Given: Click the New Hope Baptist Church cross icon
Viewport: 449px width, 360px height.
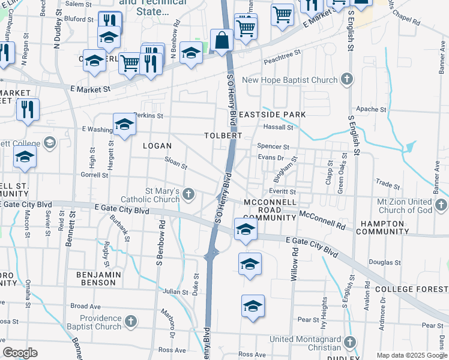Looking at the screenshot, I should pyautogui.click(x=346, y=80).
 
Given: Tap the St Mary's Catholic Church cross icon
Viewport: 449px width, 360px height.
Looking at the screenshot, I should pyautogui.click(x=188, y=193).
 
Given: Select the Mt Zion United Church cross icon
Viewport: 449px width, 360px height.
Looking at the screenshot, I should pyautogui.click(x=441, y=205).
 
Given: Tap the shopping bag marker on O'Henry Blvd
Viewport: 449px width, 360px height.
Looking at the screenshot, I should pyautogui.click(x=222, y=41).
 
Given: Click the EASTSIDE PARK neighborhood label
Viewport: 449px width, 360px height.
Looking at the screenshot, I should pyautogui.click(x=272, y=115).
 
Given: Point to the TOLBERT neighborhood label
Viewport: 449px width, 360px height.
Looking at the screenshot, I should pyautogui.click(x=223, y=136).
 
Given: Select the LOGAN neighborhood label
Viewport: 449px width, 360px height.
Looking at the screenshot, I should pyautogui.click(x=157, y=146).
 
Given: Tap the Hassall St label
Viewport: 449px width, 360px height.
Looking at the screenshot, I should pyautogui.click(x=277, y=127).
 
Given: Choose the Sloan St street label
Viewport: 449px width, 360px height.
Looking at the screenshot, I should pyautogui.click(x=176, y=162).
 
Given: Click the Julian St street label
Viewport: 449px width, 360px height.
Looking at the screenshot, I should pyautogui.click(x=176, y=292).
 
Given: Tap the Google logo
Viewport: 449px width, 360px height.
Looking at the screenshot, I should pyautogui.click(x=20, y=352).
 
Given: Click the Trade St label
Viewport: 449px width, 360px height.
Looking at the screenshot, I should pyautogui.click(x=388, y=184).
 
